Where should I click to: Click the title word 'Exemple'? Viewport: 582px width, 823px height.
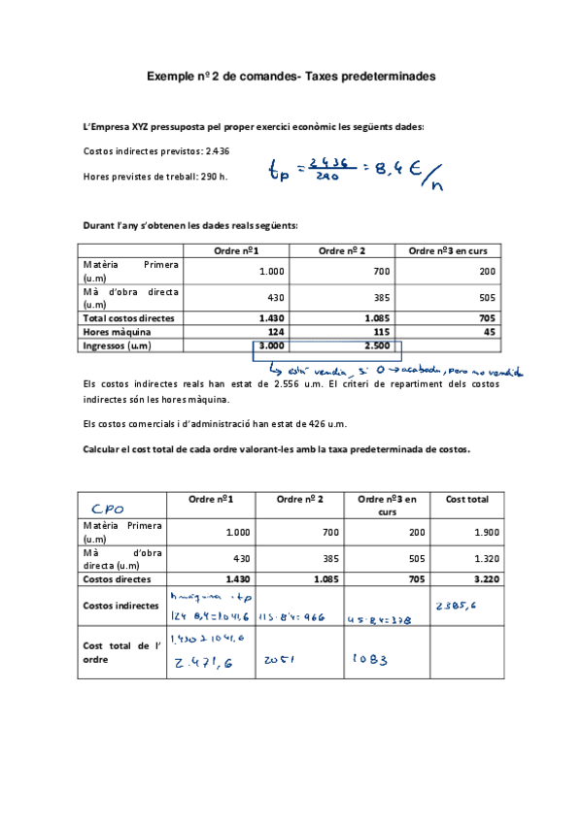(x=170, y=75)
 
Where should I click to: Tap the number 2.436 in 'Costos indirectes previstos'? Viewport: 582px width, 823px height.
(x=217, y=151)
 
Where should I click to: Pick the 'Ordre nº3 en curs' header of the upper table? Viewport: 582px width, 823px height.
(x=448, y=251)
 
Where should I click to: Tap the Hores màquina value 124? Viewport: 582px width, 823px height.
(x=274, y=331)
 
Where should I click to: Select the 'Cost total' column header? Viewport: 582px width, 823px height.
(x=467, y=499)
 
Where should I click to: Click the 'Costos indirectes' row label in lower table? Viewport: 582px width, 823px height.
(x=121, y=605)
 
